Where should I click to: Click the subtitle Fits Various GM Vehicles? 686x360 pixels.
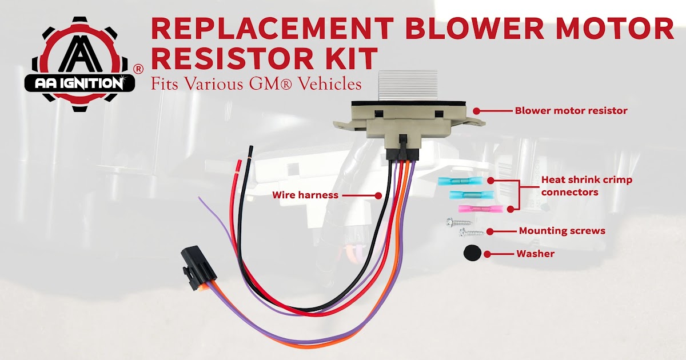(256, 84)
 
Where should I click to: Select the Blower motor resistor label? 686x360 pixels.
(571, 111)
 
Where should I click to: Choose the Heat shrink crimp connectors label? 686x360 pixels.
(586, 186)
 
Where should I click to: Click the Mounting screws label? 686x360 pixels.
(561, 231)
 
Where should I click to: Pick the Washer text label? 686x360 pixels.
(535, 253)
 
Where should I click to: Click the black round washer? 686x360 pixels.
(472, 253)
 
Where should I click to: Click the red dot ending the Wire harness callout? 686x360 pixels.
(378, 195)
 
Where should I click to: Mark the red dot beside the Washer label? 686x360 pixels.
(487, 253)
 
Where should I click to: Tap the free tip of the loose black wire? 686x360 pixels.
(250, 148)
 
